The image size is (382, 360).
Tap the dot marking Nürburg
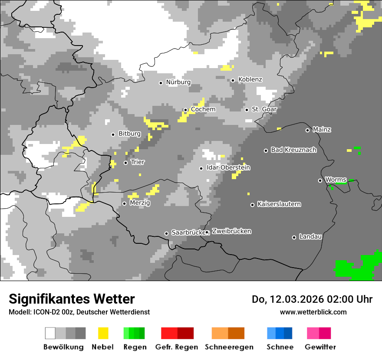(x=161, y=83)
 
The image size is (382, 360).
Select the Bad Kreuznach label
(x=293, y=150)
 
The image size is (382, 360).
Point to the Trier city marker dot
(x=126, y=163)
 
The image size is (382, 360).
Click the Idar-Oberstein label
(x=228, y=168)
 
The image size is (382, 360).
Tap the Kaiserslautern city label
(x=279, y=204)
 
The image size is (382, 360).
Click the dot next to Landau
(x=294, y=237)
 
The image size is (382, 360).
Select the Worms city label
(x=336, y=180)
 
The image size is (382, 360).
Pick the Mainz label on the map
(x=322, y=130)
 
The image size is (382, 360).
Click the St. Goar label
(x=264, y=109)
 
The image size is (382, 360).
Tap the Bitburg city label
(x=129, y=134)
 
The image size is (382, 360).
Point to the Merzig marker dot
(x=124, y=203)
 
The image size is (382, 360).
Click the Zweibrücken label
(x=231, y=231)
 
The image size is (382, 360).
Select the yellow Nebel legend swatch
(x=103, y=333)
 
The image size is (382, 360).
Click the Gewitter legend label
(x=320, y=347)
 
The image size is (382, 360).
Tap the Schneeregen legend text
(x=229, y=347)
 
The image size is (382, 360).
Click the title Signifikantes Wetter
(x=72, y=299)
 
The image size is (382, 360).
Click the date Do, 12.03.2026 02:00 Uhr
(x=312, y=299)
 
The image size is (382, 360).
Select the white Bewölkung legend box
(x=50, y=333)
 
